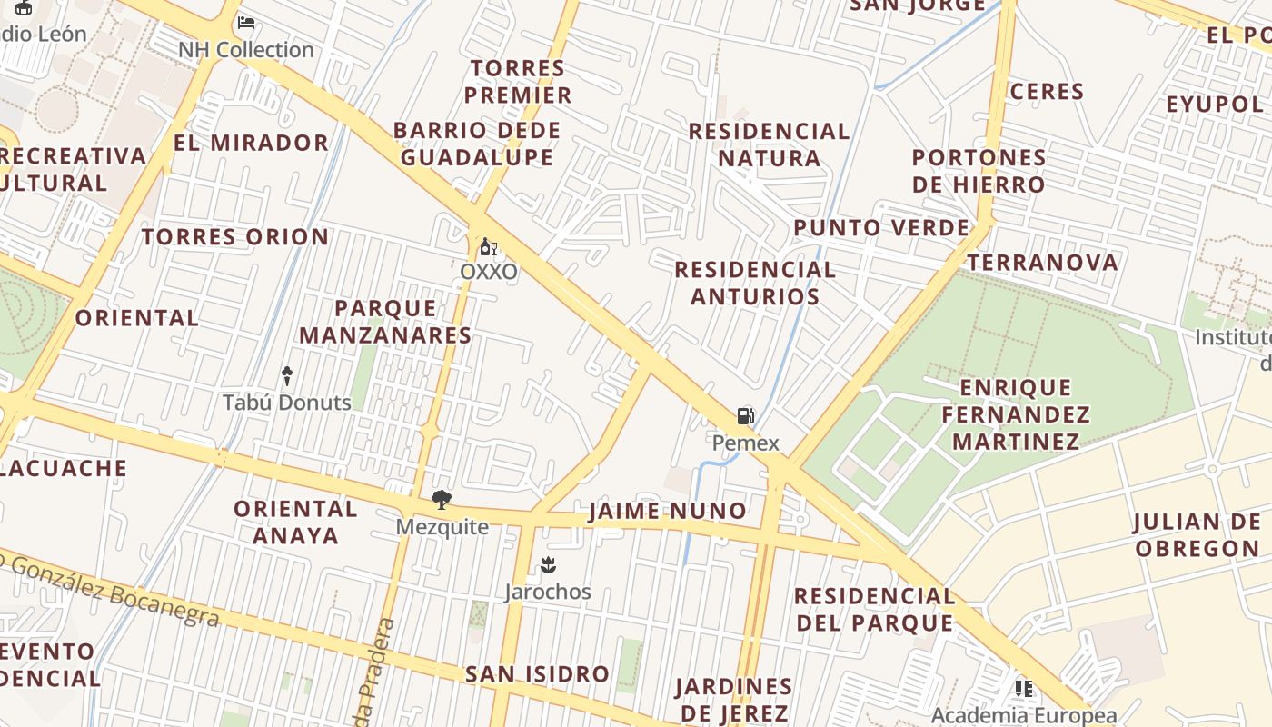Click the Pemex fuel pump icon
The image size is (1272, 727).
(745, 417)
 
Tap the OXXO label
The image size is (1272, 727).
(489, 272)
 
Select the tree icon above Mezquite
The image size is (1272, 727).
(442, 499)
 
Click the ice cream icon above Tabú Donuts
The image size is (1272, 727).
(287, 375)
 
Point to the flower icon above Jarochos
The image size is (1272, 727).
(547, 565)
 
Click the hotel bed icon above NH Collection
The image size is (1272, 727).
(245, 23)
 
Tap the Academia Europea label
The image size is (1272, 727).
(1023, 715)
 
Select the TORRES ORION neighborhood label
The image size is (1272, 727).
(235, 237)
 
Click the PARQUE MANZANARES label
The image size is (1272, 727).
(385, 322)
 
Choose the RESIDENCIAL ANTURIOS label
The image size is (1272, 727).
(754, 283)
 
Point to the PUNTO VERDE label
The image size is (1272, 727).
(881, 227)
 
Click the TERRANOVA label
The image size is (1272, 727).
(1042, 263)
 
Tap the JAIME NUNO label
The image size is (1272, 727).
(668, 511)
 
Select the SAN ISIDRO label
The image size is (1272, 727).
(537, 674)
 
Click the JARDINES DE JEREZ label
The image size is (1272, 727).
(733, 699)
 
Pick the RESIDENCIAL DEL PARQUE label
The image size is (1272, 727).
(875, 610)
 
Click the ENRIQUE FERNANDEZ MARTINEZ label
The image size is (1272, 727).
(1015, 415)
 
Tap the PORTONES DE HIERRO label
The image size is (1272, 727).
(979, 171)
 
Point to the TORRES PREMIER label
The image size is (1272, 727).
(519, 81)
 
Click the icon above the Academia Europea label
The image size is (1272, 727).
(1024, 689)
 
